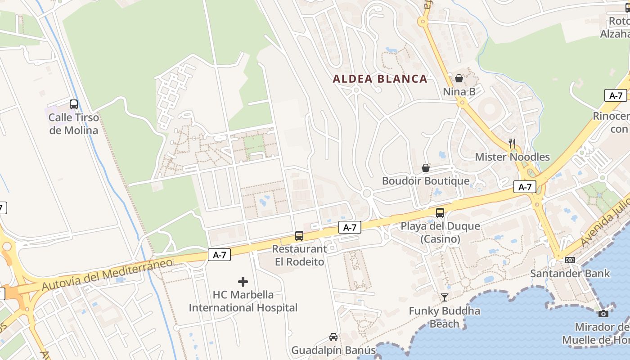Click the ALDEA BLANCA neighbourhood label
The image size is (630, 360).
[380, 79]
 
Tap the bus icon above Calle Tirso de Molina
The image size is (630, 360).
[74, 104]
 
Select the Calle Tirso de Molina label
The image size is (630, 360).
[73, 124]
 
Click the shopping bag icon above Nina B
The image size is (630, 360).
[459, 78]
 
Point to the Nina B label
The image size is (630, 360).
[459, 92]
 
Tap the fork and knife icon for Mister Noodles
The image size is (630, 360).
[512, 144]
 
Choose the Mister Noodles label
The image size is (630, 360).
[512, 157]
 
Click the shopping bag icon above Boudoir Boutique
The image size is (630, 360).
[426, 168]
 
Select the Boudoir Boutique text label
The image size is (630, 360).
[426, 181]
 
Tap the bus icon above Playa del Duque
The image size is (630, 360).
[440, 212]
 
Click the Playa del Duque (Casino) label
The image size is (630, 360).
[440, 232]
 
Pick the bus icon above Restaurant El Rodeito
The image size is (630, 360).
[299, 235]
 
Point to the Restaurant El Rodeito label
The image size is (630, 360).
[299, 255]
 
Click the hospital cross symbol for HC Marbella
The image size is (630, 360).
[243, 282]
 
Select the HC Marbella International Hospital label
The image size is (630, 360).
[243, 301]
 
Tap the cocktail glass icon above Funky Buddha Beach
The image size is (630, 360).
[445, 297]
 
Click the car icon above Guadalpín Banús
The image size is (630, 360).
[333, 337]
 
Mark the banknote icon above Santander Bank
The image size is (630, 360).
[570, 260]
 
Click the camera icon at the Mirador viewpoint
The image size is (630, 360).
[603, 314]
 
